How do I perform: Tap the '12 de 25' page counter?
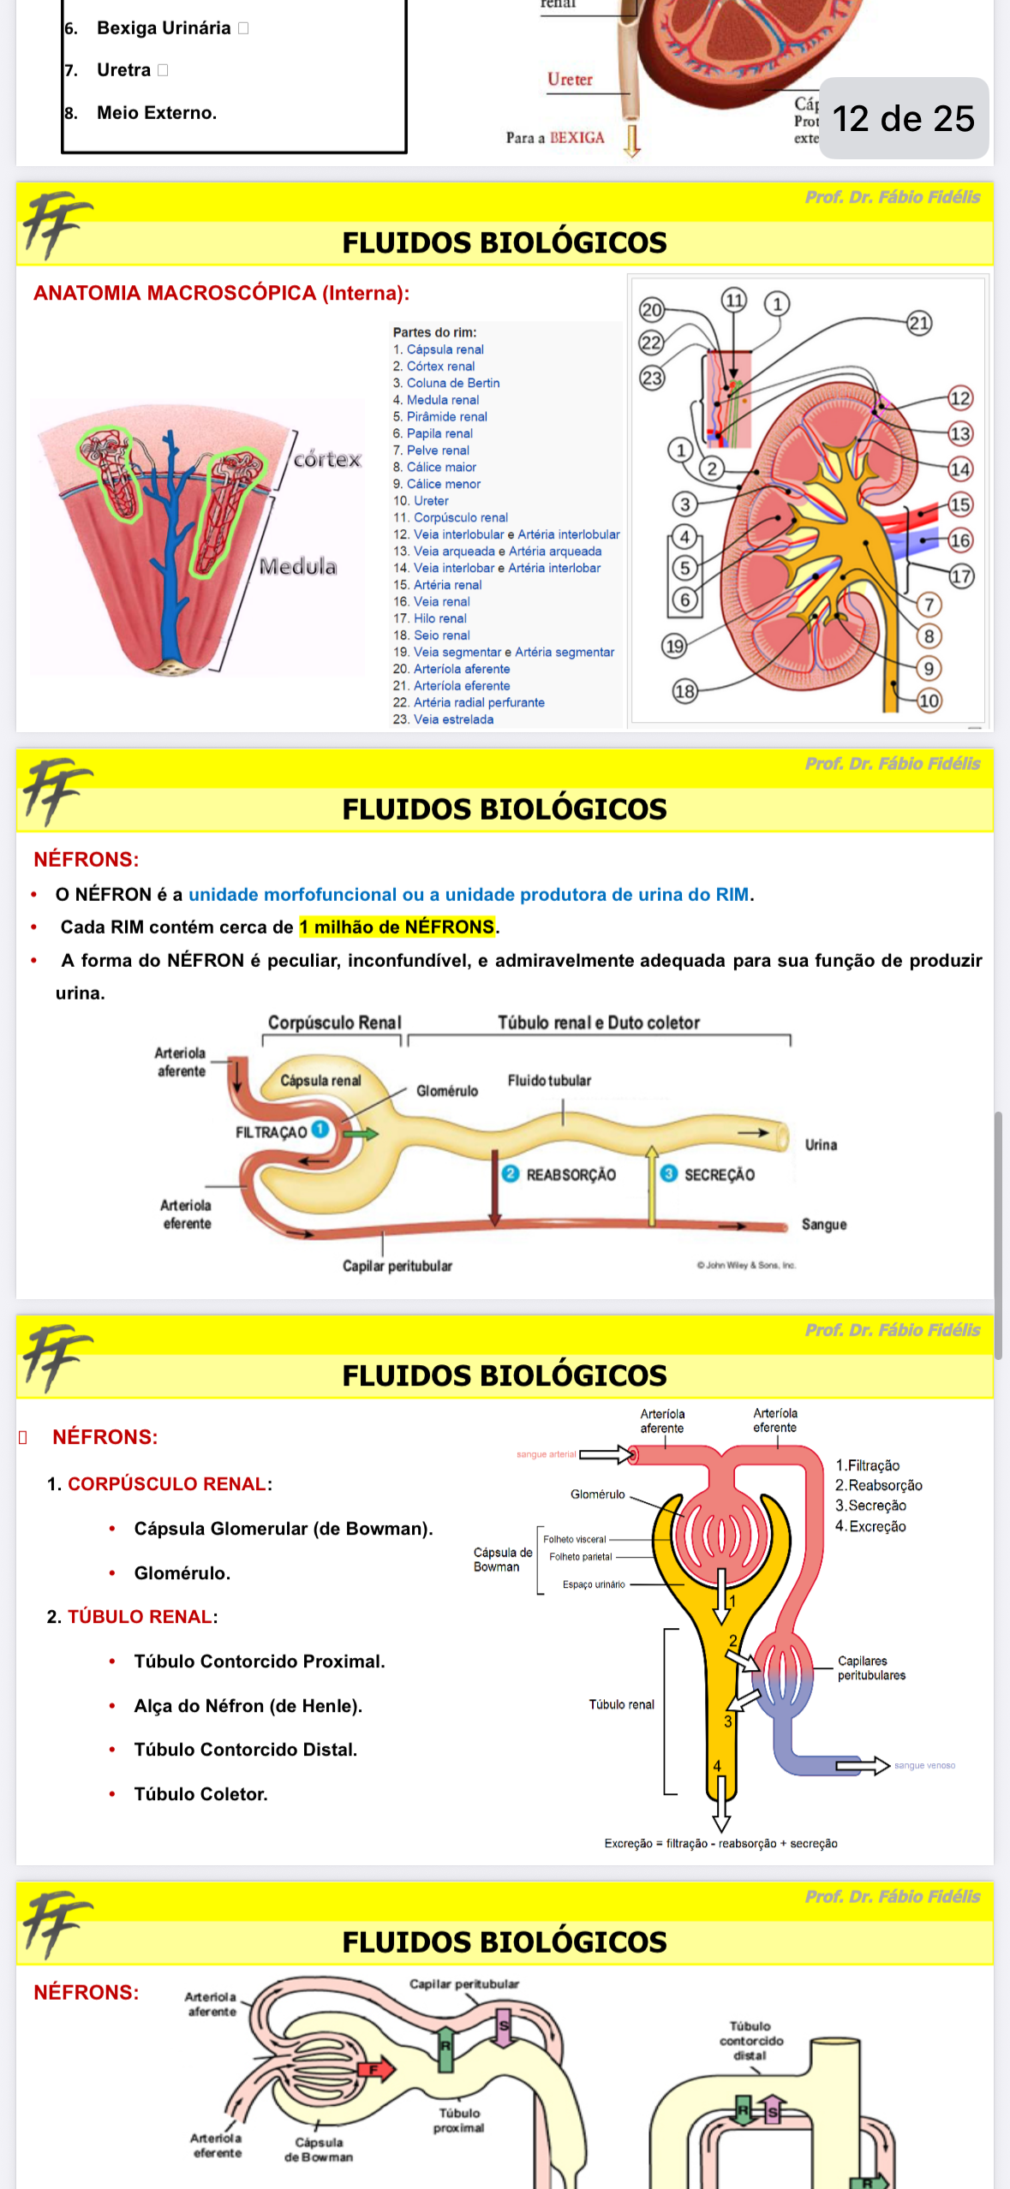point(903,118)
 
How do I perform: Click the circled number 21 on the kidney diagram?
point(919,323)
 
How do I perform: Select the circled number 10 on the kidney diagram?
point(929,701)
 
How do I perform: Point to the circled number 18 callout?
point(684,691)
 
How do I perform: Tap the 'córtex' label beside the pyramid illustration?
point(327,460)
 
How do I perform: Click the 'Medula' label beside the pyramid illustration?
point(298,566)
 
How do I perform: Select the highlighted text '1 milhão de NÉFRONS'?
point(397,927)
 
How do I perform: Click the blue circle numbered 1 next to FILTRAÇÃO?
point(320,1129)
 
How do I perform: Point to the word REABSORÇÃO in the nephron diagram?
point(571,1175)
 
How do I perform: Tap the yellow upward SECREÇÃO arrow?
point(652,1186)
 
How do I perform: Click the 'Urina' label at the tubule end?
point(821,1145)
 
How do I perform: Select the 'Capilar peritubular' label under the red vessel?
point(397,1266)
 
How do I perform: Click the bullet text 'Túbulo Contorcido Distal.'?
point(245,1750)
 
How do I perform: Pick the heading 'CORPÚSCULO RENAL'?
point(167,1484)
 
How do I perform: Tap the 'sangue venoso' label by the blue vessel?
point(924,1765)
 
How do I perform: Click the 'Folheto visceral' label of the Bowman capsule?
point(574,1539)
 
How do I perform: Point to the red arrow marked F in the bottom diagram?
point(374,2070)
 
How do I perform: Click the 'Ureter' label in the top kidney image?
point(570,80)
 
